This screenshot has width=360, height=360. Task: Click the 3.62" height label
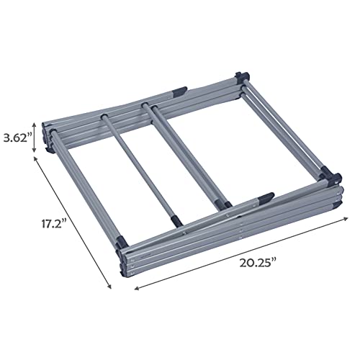[17, 138]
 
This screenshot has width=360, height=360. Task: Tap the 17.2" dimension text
[54, 224]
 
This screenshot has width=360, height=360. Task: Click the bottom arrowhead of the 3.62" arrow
[35, 150]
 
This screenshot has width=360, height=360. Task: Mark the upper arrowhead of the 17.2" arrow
[35, 158]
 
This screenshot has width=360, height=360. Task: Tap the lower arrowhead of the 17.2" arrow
[109, 287]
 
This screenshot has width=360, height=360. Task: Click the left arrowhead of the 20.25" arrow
[137, 288]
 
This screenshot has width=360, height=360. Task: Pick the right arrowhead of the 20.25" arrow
[346, 218]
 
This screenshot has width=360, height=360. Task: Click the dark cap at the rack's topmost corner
[243, 76]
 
